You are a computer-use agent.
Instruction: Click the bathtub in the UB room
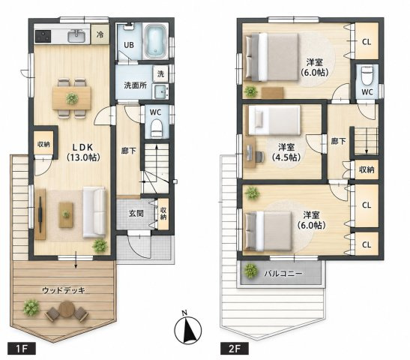(156, 41)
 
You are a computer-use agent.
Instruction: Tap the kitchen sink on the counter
(76, 36)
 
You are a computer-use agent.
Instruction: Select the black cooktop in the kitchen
(43, 36)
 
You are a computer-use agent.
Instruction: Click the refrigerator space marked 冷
(100, 34)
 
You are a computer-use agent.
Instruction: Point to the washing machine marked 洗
(160, 74)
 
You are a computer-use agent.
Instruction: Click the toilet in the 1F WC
(157, 128)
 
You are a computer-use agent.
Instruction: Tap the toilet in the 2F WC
(367, 75)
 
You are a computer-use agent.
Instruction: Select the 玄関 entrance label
(136, 214)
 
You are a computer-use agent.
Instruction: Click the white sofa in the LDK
(94, 212)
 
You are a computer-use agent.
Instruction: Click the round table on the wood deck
(67, 309)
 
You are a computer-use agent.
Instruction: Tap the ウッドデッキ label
(64, 290)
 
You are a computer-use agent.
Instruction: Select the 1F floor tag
(22, 349)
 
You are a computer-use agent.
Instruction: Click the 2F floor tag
(235, 349)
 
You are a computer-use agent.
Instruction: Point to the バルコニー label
(283, 274)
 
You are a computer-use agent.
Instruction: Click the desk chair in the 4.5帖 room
(259, 157)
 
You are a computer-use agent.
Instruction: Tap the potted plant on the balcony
(251, 271)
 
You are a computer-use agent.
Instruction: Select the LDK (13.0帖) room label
(82, 152)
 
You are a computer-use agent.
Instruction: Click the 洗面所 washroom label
(135, 85)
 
